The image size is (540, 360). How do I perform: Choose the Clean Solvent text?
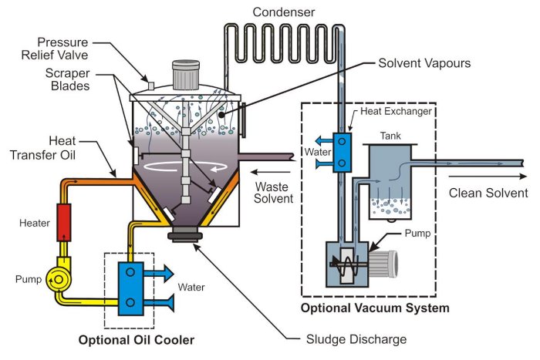(488, 193)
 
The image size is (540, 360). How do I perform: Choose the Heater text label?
(35, 223)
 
